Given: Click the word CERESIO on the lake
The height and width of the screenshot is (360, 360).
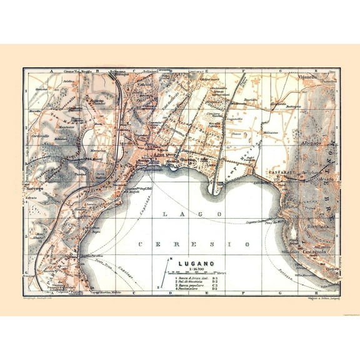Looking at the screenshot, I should click(x=194, y=243).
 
